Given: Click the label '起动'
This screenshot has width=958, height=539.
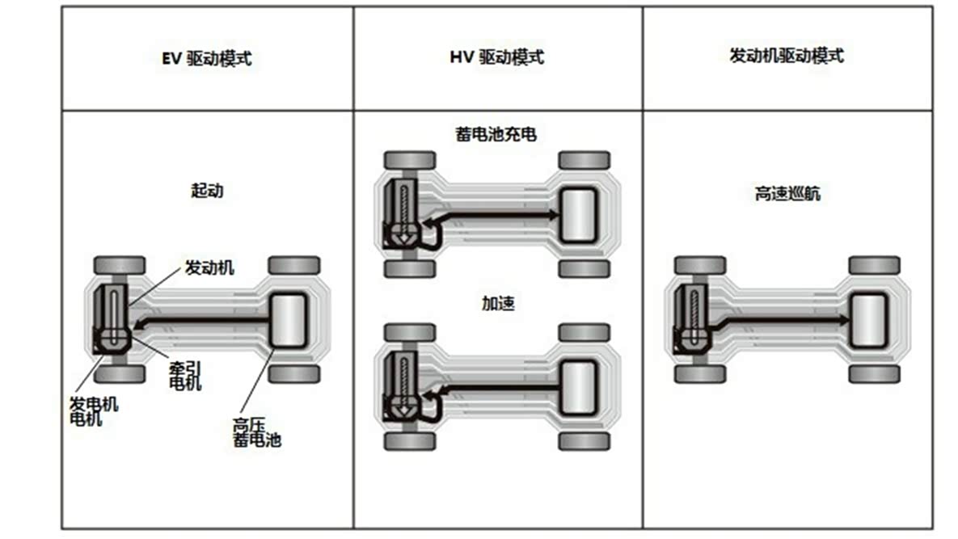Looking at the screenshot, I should [x=206, y=192].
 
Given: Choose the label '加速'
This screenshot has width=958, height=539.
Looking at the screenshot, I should [x=497, y=304].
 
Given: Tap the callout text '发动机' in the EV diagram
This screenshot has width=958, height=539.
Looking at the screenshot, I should [x=209, y=267].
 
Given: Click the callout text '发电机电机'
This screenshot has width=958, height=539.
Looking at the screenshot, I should [x=93, y=411].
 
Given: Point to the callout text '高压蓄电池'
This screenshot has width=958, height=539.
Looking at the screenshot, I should [x=256, y=433].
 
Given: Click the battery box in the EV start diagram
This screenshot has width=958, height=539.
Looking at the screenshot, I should [x=288, y=321].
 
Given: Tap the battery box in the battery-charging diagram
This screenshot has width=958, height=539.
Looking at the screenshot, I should [x=578, y=214].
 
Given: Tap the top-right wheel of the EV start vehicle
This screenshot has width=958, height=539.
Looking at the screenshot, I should [x=294, y=265].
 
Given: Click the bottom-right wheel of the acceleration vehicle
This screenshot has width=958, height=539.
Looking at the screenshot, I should [x=584, y=441].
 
